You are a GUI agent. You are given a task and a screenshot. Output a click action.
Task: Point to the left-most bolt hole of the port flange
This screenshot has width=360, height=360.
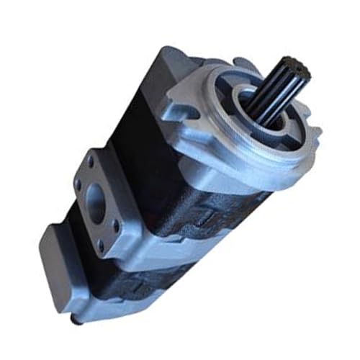coord(78,185)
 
